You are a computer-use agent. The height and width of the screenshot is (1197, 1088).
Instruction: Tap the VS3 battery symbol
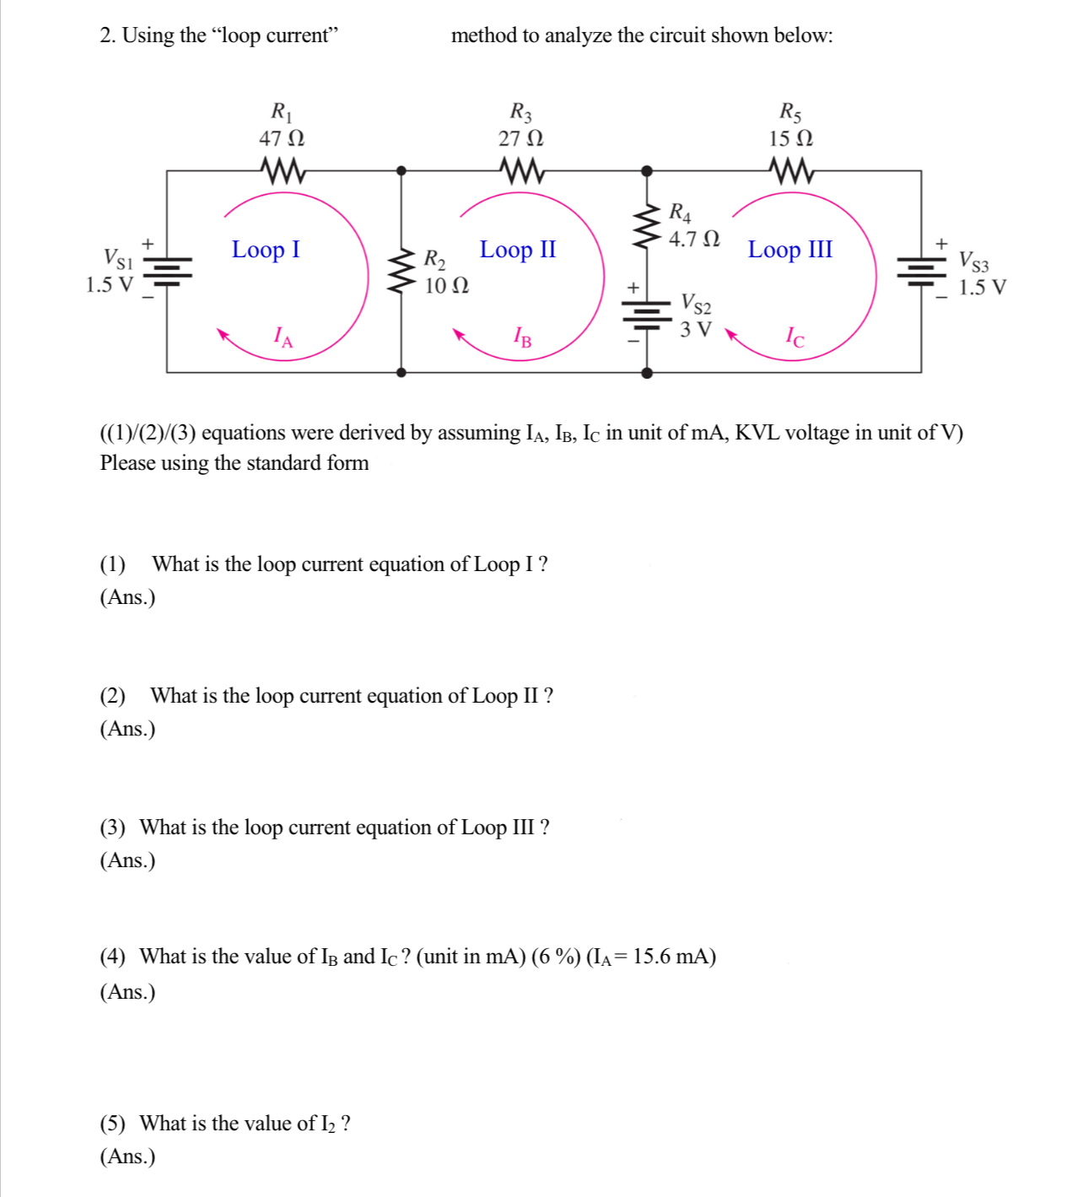(921, 270)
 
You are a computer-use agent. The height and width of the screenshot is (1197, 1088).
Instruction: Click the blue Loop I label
(266, 250)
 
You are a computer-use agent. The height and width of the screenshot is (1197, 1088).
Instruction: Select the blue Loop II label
(518, 250)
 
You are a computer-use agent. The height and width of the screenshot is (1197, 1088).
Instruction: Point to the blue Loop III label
(789, 250)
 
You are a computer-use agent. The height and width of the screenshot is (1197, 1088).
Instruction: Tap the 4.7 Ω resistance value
(694, 240)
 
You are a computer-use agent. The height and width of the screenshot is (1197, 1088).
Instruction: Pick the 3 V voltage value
(696, 329)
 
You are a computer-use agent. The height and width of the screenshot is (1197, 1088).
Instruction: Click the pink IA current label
(284, 338)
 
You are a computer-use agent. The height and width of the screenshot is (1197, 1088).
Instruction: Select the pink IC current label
(794, 338)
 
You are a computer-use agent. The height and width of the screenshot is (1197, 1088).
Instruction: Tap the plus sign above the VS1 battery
(148, 244)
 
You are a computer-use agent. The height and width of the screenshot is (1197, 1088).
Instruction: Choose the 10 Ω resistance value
(447, 286)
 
